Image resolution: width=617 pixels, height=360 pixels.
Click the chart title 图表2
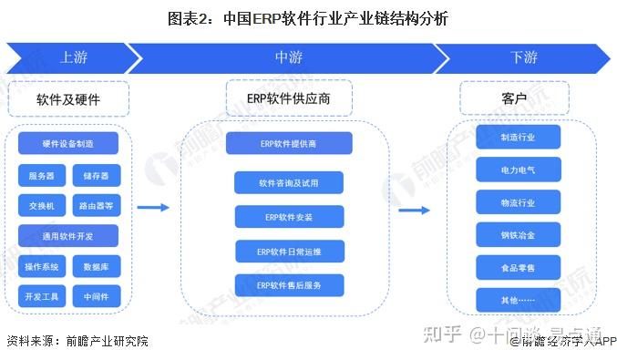[307, 18]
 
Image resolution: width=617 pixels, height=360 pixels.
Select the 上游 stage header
[73, 57]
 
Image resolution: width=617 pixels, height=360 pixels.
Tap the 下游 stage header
[523, 57]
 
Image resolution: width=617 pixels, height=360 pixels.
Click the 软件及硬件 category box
[68, 98]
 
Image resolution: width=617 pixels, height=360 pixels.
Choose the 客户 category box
[514, 98]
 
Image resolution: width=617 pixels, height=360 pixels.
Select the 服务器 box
[41, 175]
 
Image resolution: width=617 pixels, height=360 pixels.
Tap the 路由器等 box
[96, 206]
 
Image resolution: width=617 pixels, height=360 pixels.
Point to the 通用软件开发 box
[67, 236]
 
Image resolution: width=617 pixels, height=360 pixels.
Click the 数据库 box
[96, 266]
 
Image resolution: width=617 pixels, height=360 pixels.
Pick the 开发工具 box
[41, 296]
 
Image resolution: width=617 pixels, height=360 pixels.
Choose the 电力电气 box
[518, 170]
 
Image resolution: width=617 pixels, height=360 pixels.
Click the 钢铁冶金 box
[518, 235]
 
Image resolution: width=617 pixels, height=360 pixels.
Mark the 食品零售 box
[518, 268]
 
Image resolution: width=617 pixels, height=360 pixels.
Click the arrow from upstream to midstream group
[154, 208]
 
